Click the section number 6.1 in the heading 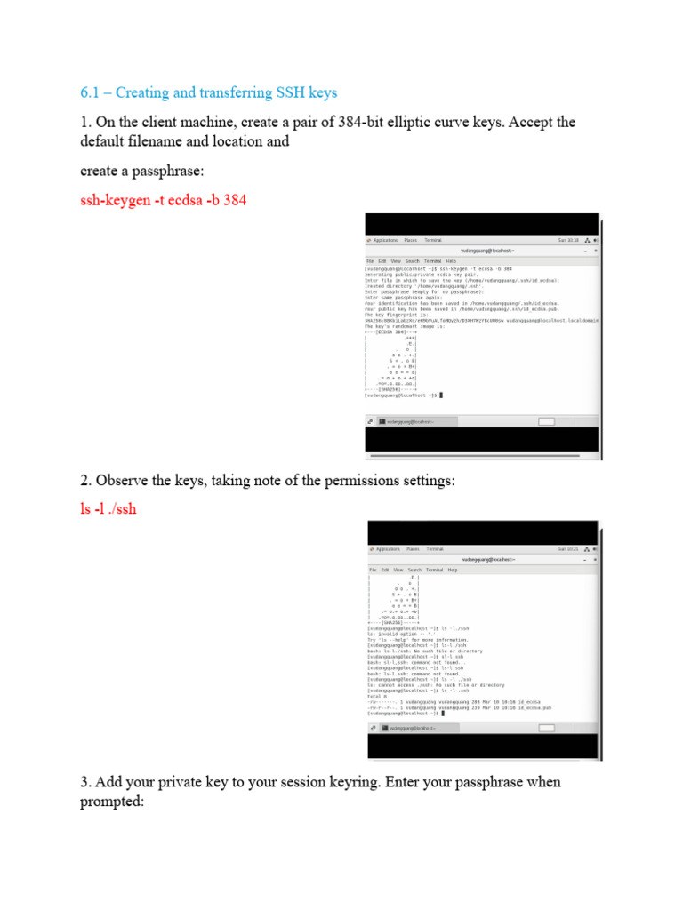[x=91, y=92]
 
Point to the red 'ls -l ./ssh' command [x=108, y=510]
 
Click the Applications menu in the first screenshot [x=385, y=240]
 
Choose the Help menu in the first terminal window [x=451, y=261]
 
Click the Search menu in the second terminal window [x=414, y=570]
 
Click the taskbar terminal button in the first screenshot [x=410, y=421]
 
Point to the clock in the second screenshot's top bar [x=568, y=549]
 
